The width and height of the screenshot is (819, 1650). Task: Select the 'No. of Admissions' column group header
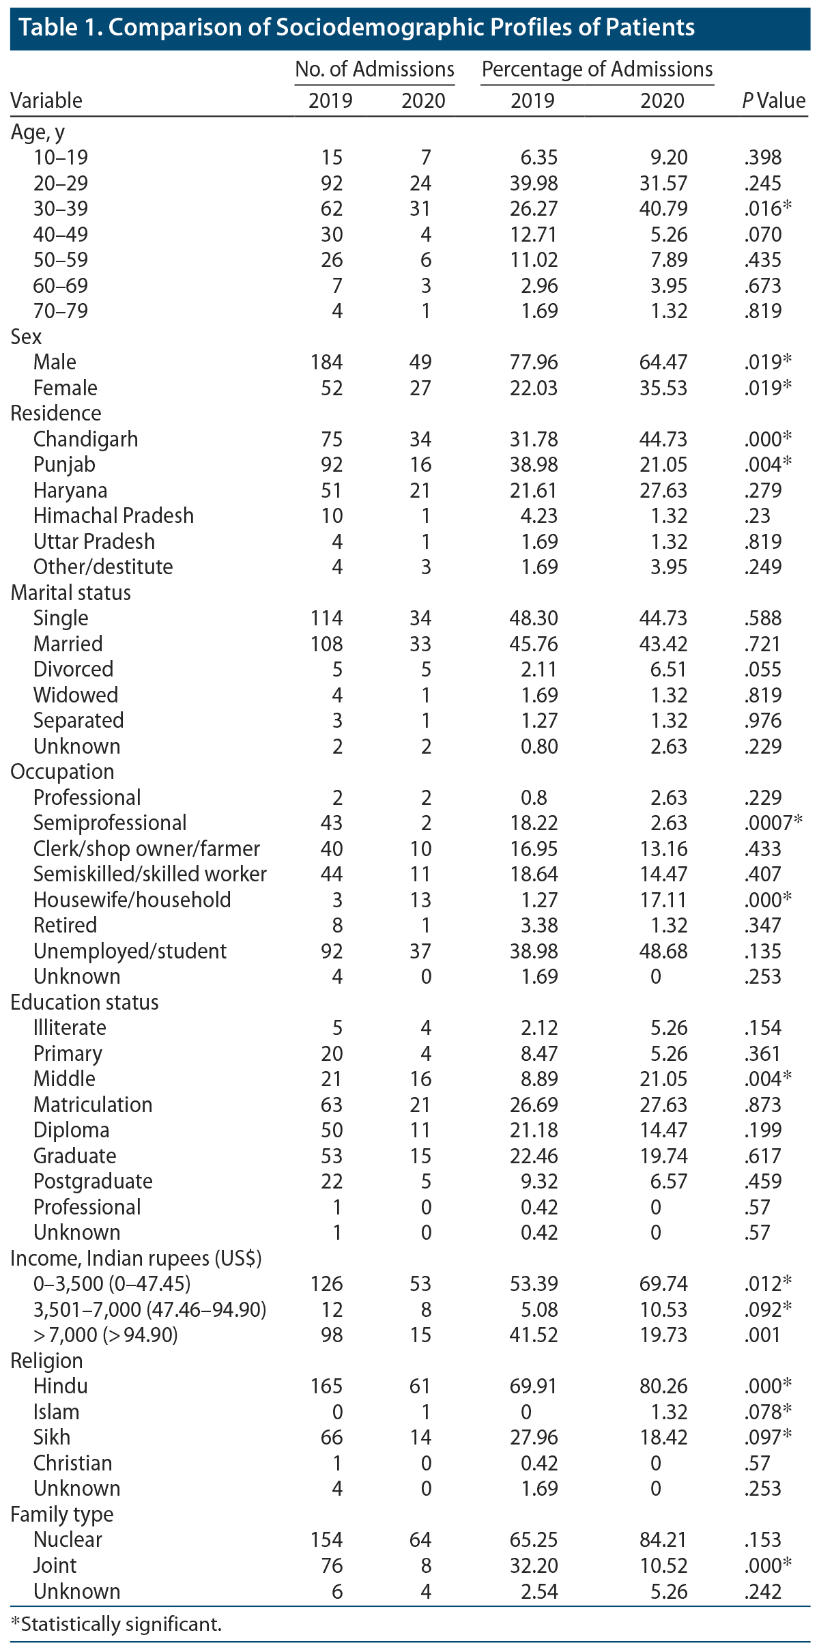coord(374,69)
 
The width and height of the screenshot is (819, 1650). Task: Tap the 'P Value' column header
coord(773,100)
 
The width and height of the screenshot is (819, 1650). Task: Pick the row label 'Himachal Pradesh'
coord(113,515)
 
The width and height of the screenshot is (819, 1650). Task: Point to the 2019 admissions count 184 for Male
coord(326,362)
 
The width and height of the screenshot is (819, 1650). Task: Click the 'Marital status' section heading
coord(71,593)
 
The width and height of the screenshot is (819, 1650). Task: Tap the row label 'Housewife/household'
coord(132,900)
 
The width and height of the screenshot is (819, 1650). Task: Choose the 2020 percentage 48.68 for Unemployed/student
coord(663,951)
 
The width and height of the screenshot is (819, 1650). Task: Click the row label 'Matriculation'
coord(93,1105)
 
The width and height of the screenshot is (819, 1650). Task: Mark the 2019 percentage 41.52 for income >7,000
coord(534,1335)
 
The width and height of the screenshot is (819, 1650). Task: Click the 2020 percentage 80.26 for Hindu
coord(663,1386)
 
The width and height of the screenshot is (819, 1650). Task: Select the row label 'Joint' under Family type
coord(55,1565)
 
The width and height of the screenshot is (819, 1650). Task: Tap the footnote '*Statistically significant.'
coord(116,1623)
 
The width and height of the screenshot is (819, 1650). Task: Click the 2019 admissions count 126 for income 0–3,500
coord(326,1283)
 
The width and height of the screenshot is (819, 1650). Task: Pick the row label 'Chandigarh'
coord(85,439)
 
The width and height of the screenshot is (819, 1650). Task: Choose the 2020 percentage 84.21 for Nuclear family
coord(663,1539)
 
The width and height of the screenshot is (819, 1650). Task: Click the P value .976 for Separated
coord(763,720)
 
